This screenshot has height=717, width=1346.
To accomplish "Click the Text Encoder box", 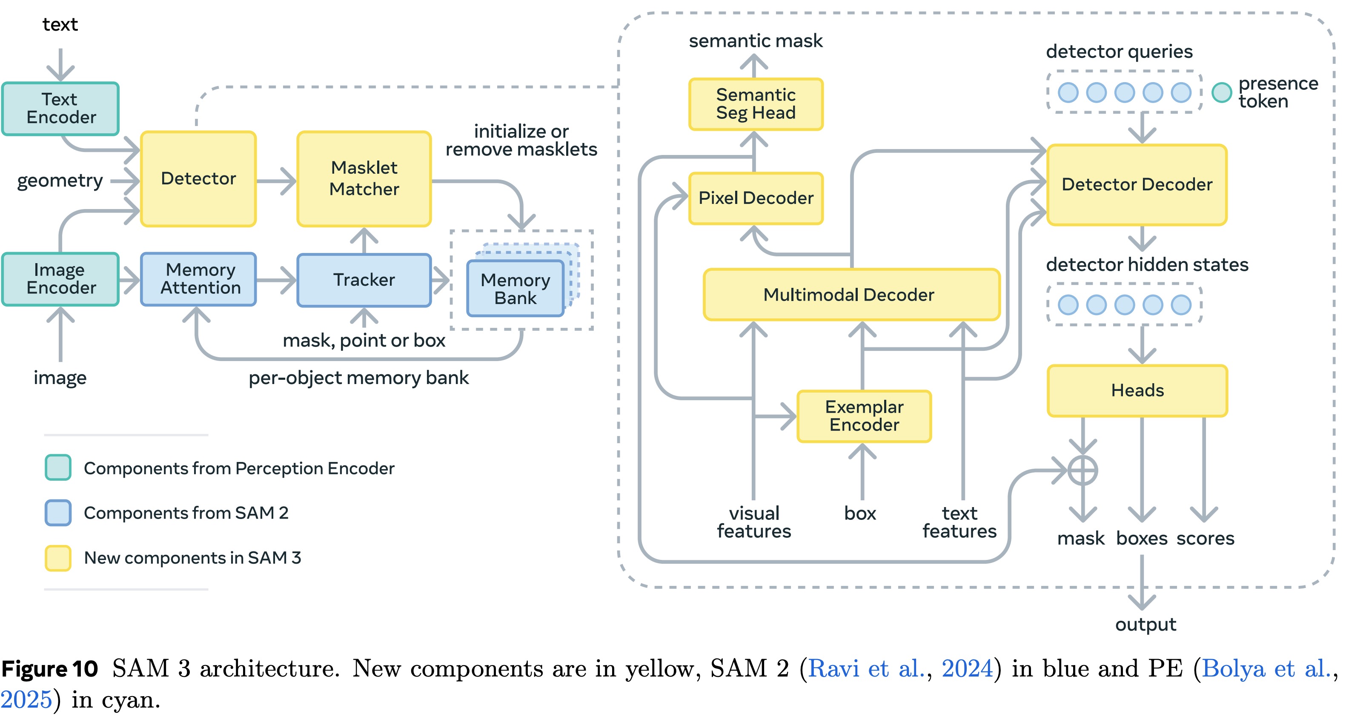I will point(60,109).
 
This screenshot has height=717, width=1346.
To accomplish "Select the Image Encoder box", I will point(60,279).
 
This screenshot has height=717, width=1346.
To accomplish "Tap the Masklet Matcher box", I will point(364,179).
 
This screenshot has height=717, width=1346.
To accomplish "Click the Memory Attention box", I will point(198,279).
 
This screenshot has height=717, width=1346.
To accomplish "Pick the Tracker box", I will point(364,280).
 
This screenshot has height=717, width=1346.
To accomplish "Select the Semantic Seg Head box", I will point(756,104).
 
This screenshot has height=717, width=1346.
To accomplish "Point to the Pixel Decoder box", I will point(756,198).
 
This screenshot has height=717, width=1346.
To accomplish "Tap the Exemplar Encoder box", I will point(864,416).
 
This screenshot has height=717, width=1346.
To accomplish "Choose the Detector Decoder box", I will point(1137,184).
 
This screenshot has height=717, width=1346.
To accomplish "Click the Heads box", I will point(1137,390).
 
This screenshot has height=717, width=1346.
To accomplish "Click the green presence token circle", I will point(1222,92).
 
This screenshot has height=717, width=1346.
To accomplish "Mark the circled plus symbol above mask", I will point(1083,470).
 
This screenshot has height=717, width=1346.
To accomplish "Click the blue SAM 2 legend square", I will point(58,513).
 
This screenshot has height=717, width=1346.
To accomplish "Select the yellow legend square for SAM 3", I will point(58,558).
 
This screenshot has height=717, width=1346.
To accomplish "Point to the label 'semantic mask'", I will point(756,41).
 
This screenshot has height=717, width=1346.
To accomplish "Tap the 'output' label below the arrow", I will point(1146,625).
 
